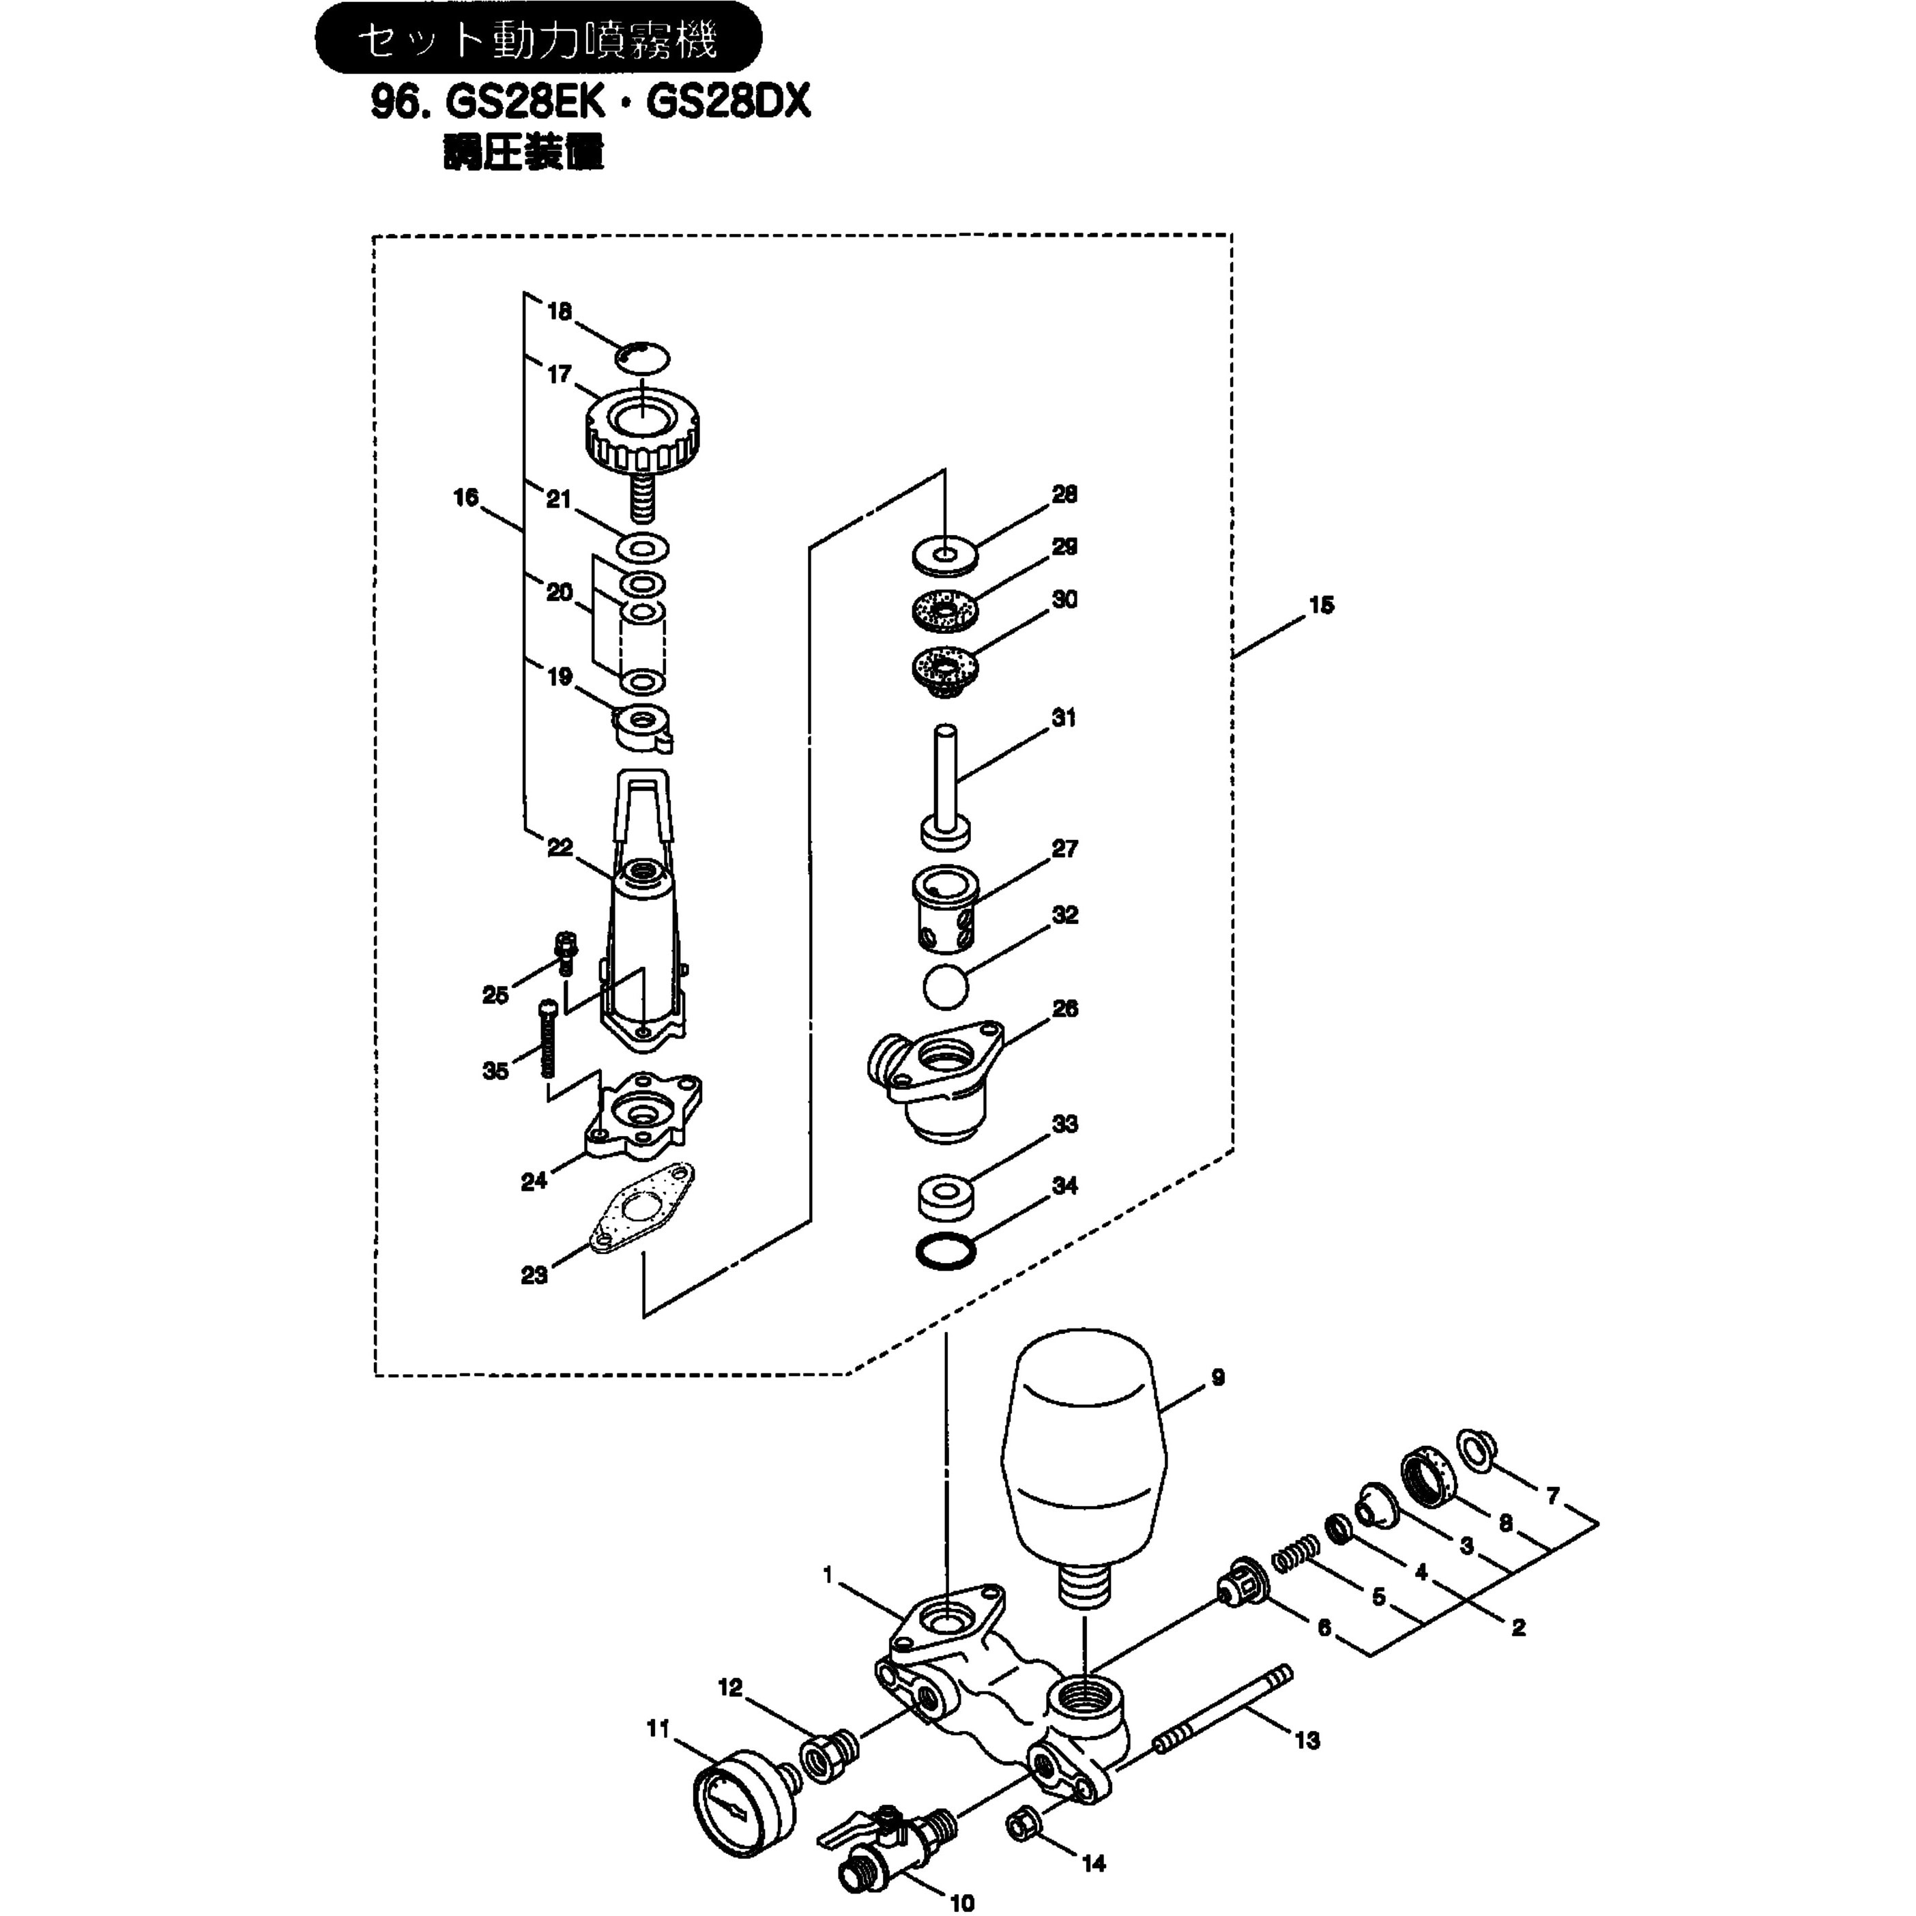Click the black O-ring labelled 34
tap(943, 1251)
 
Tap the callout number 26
tap(1064, 1008)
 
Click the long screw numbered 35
tap(547, 1041)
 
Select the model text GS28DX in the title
tap(729, 102)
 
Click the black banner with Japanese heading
tap(538, 38)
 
